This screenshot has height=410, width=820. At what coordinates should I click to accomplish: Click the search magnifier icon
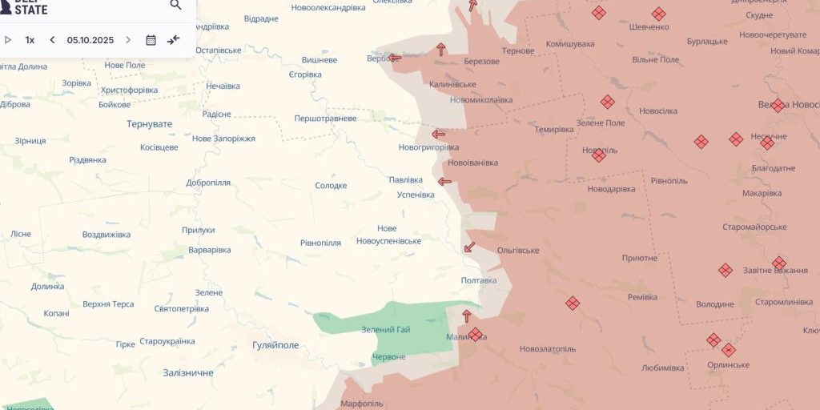176,5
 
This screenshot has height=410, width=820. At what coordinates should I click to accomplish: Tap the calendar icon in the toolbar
151,40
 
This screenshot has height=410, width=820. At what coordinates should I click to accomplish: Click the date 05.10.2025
90,40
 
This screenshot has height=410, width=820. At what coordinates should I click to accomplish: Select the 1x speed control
30,40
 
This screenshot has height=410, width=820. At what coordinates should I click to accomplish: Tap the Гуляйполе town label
275,345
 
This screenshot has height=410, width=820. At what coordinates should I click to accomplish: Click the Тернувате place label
149,124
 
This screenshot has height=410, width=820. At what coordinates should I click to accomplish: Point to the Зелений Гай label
385,330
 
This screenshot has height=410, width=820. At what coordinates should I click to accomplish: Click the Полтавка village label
479,280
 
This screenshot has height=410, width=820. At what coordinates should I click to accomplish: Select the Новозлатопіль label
547,349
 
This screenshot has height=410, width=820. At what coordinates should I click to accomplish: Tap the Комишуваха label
569,44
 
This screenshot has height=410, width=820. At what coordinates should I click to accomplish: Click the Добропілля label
208,183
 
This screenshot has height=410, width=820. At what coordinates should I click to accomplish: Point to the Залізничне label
188,373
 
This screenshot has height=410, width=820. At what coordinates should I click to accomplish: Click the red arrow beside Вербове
395,58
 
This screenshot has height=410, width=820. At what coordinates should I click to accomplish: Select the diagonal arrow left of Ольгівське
470,247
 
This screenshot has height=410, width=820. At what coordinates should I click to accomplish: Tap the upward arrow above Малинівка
467,316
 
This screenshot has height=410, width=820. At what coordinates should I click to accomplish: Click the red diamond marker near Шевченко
658,14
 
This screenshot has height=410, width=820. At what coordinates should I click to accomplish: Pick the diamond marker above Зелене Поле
608,102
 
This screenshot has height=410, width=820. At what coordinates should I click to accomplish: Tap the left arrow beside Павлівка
444,182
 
